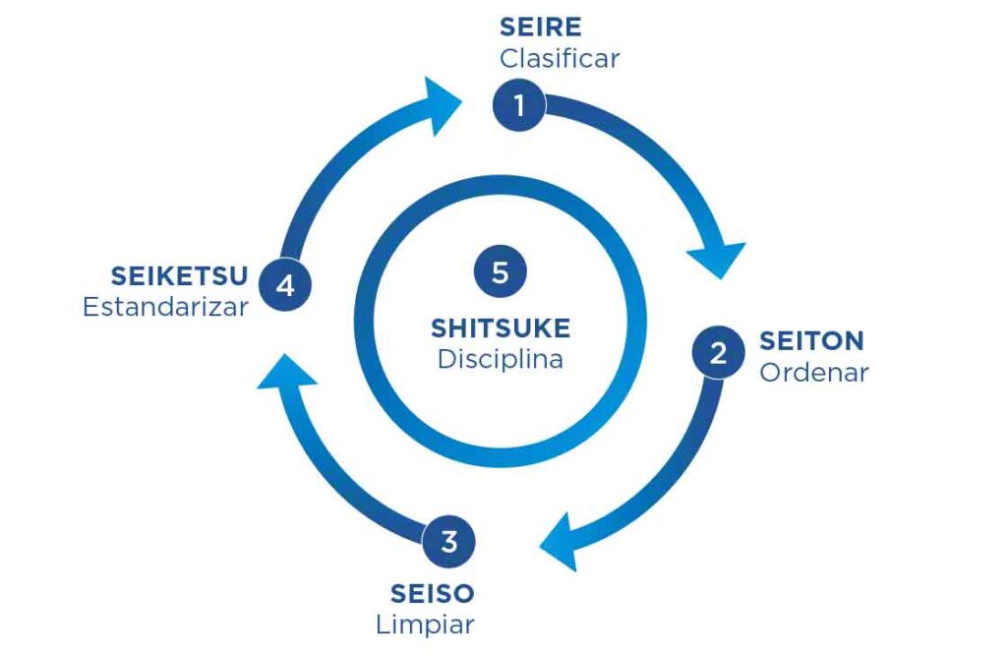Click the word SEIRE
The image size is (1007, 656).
540,27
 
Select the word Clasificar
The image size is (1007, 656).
559,58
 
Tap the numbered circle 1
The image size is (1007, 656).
518,103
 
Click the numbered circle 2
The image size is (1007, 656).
718,352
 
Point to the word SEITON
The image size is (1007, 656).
811,341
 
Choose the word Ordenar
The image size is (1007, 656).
813,374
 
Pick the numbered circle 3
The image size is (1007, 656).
449,541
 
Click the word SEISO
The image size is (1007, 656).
432,593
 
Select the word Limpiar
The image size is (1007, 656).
425,625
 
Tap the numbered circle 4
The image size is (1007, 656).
285,286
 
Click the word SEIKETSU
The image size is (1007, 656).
179,275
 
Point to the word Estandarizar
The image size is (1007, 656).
165,307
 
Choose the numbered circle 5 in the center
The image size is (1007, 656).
500,271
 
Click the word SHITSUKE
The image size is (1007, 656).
500,328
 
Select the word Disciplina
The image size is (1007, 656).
500,360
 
